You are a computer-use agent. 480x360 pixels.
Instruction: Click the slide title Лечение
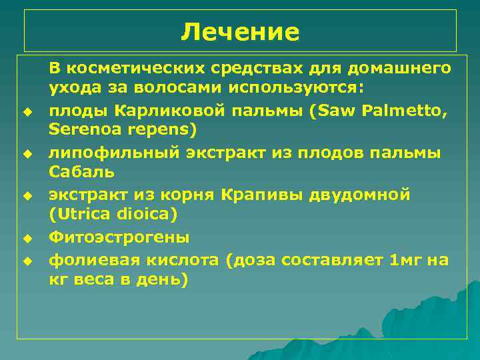tap(240, 31)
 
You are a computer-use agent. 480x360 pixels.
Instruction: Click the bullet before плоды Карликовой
tap(27, 110)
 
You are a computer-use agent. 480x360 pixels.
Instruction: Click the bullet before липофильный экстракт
tap(27, 154)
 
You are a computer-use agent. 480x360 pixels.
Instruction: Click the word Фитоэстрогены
tap(119, 237)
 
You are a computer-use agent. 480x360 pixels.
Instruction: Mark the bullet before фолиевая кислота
tap(27, 261)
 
